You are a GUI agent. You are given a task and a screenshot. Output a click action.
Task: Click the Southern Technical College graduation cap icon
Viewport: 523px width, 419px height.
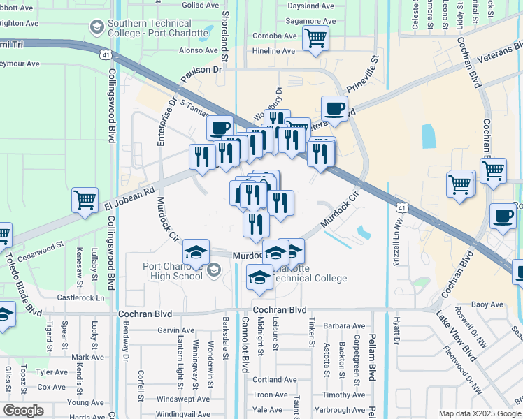pyautogui.click(x=97, y=27)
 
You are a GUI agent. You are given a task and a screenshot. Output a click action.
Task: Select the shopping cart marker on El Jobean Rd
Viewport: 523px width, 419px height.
pyautogui.click(x=85, y=200)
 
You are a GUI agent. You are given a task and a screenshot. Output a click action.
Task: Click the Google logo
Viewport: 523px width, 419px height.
pyautogui.click(x=23, y=411)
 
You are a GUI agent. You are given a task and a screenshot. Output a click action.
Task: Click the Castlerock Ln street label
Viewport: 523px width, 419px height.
pyautogui.click(x=80, y=297)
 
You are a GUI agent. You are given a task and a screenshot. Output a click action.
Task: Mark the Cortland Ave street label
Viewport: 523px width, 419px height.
pyautogui.click(x=275, y=380)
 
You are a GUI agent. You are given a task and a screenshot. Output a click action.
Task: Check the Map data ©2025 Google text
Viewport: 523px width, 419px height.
pyautogui.click(x=479, y=413)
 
